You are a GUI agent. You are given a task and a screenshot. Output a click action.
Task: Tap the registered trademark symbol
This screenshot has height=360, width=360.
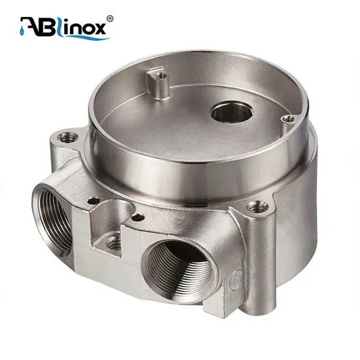click(109, 18)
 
